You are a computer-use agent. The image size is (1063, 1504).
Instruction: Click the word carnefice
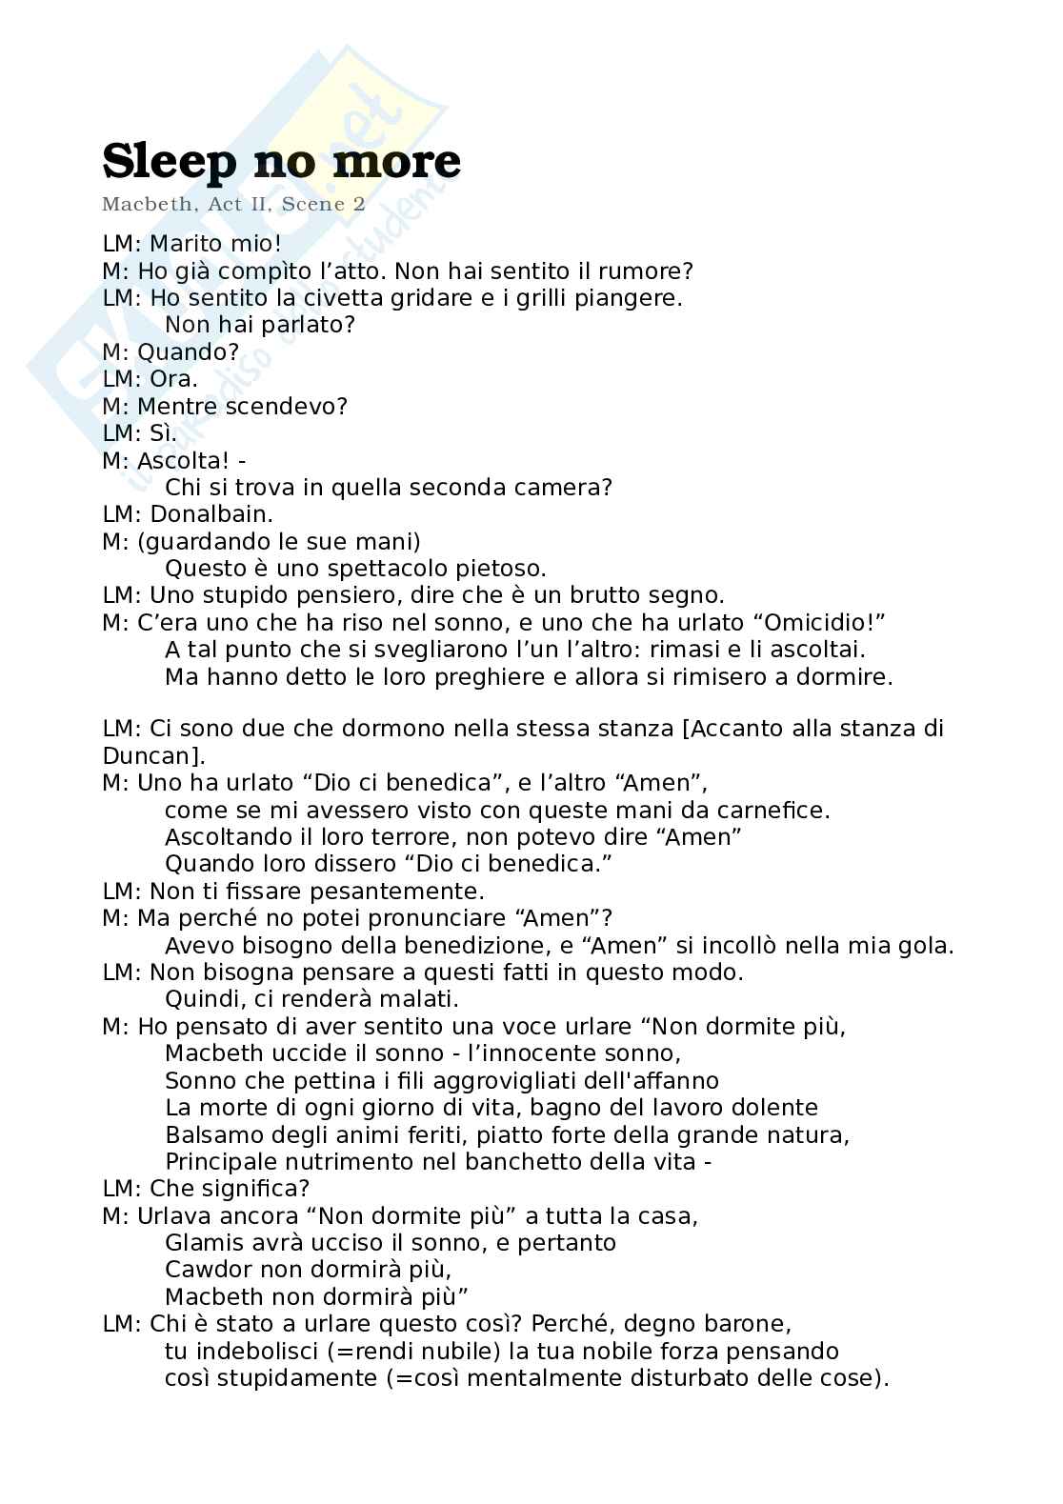pyautogui.click(x=772, y=811)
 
